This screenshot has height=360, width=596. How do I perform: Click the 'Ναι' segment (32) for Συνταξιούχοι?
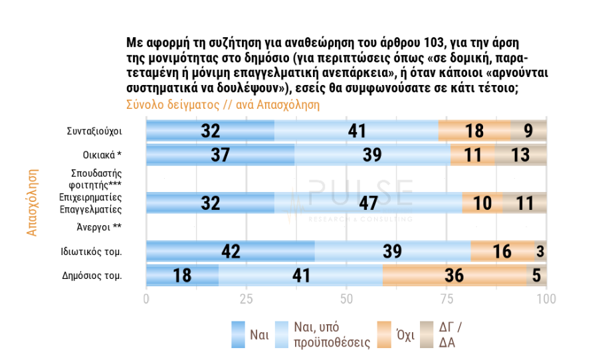click(210, 131)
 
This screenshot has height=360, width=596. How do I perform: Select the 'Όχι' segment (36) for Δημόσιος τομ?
click(454, 275)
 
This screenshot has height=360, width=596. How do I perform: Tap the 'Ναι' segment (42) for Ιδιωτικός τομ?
click(230, 251)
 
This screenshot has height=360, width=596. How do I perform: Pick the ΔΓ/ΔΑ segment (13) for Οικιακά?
click(520, 155)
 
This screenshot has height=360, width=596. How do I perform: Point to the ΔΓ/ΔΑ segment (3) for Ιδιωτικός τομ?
click(540, 251)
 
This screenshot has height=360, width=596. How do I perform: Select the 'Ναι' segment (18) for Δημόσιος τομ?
click(182, 275)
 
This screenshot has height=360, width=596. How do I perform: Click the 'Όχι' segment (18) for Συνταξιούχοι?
click(474, 131)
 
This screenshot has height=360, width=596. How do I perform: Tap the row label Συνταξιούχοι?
click(94, 131)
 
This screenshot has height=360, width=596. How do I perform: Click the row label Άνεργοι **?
click(100, 227)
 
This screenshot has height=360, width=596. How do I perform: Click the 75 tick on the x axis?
click(446, 299)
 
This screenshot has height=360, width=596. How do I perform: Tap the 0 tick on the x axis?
click(146, 299)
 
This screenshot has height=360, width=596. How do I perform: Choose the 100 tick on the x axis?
click(546, 299)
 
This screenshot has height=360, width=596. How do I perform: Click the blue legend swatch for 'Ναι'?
click(237, 335)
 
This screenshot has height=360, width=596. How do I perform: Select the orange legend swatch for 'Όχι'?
click(383, 335)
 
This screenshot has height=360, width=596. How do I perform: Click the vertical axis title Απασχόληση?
click(32, 202)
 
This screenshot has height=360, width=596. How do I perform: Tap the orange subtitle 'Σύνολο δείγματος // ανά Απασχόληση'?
click(223, 104)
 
